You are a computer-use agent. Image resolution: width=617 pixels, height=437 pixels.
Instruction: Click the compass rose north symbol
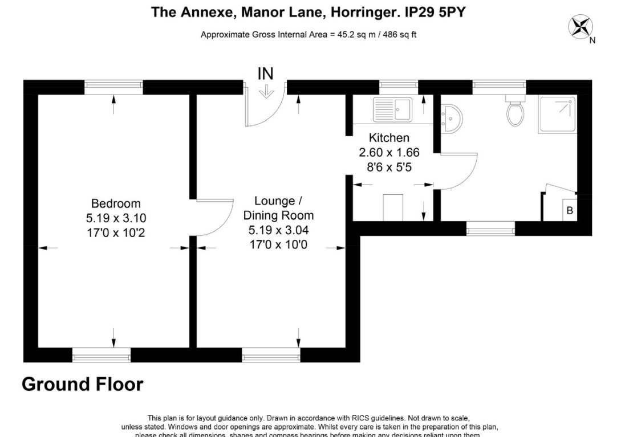[x=581, y=27]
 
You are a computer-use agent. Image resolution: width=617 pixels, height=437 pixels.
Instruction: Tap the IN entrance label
[x=266, y=73]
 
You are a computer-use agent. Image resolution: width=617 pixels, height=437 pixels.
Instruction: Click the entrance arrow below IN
[x=266, y=92]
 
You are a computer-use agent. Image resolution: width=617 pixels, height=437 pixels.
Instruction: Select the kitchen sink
[x=392, y=109]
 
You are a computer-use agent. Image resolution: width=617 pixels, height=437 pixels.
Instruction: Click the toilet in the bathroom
[x=515, y=112]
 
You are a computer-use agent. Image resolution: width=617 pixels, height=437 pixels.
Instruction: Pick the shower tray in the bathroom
[x=558, y=115]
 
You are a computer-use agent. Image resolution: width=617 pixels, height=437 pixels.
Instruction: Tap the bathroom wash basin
[x=454, y=119]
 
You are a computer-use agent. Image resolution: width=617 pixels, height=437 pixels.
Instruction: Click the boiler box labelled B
[x=569, y=210]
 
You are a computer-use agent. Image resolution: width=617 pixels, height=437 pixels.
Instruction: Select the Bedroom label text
[x=116, y=203]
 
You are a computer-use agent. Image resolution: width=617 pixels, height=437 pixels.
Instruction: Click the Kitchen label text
[x=389, y=138]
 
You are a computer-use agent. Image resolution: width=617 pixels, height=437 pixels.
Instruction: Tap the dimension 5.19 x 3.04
[x=278, y=230]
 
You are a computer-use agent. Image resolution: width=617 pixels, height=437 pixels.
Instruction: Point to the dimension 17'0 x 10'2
[x=116, y=232]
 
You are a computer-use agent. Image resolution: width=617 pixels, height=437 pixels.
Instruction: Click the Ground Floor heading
[x=83, y=385]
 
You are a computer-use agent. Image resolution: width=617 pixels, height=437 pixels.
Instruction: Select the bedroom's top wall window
[x=113, y=87]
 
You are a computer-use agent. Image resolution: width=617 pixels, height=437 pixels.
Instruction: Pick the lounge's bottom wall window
[x=271, y=356]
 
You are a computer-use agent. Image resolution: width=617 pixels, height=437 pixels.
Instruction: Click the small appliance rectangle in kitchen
[x=393, y=206]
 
